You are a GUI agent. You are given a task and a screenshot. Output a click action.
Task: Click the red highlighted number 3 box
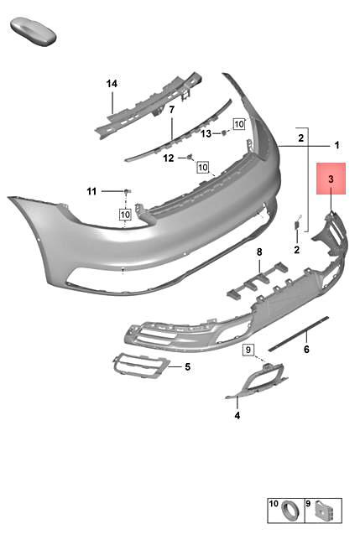pos(331,179)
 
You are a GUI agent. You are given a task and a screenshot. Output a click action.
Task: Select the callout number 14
pos(112,83)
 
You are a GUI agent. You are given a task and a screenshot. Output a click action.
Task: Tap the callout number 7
pos(171,110)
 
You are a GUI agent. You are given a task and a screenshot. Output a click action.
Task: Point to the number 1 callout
pos(337,145)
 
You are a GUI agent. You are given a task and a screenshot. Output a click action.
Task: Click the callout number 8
pos(259,252)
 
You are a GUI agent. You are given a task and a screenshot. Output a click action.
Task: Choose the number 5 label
pos(187,366)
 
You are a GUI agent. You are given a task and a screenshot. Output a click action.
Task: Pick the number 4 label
pos(237,414)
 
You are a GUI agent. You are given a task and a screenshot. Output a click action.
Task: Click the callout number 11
pos(92,191)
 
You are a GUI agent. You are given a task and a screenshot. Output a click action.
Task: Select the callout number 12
pos(169,158)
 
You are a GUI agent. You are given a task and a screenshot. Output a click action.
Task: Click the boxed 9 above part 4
pos(248,349)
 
